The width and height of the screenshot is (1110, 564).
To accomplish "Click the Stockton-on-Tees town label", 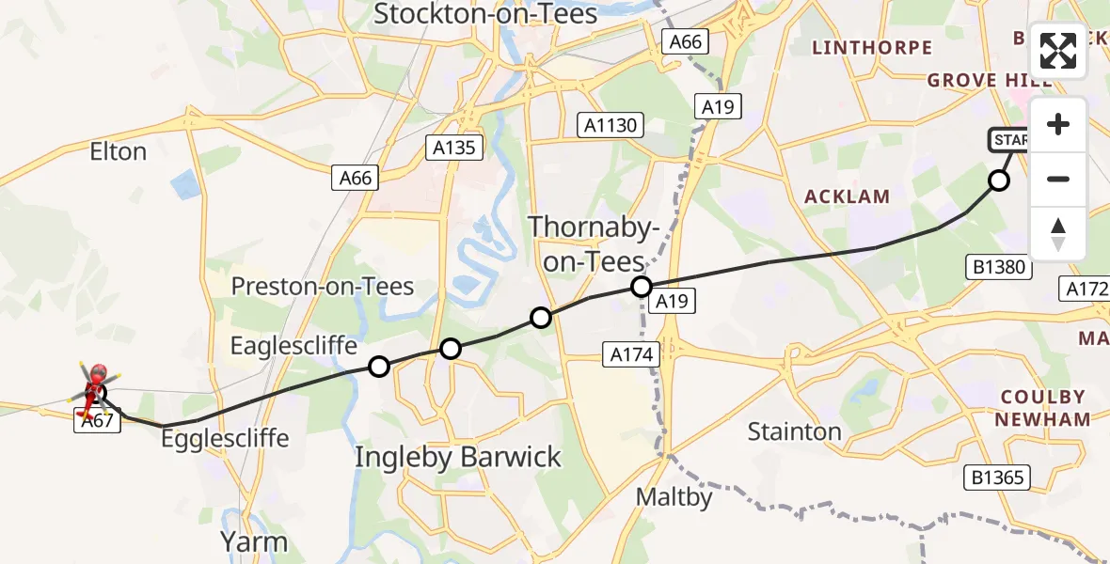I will point(485,14).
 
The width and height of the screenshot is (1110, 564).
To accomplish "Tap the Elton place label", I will point(118,151).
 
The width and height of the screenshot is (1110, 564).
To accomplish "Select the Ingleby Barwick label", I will point(458,458).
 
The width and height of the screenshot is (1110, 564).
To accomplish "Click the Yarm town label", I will point(254,541).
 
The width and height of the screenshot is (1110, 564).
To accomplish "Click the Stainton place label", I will point(794,431).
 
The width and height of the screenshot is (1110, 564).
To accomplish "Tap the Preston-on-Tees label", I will point(323,287).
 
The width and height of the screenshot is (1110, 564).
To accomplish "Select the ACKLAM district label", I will point(848,196).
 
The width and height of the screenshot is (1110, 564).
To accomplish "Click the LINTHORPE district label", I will point(872,47).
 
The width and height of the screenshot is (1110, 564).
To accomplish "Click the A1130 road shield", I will point(610,125).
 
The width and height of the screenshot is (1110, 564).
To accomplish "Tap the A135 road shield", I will point(454,148).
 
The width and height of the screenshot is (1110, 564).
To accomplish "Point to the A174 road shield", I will point(632,354).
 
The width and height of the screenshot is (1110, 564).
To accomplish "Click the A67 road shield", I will point(96,423).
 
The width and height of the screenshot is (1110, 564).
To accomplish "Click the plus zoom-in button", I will point(1058,124).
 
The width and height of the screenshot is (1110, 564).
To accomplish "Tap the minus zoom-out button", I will point(1058,179).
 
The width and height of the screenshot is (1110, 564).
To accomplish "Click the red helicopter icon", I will point(93,388).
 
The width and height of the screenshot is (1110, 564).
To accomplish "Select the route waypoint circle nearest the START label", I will point(999,180).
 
